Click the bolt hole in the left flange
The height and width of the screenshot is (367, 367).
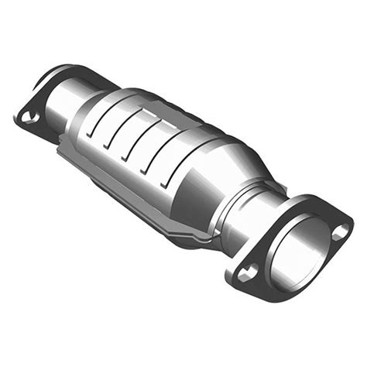point(29,117)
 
